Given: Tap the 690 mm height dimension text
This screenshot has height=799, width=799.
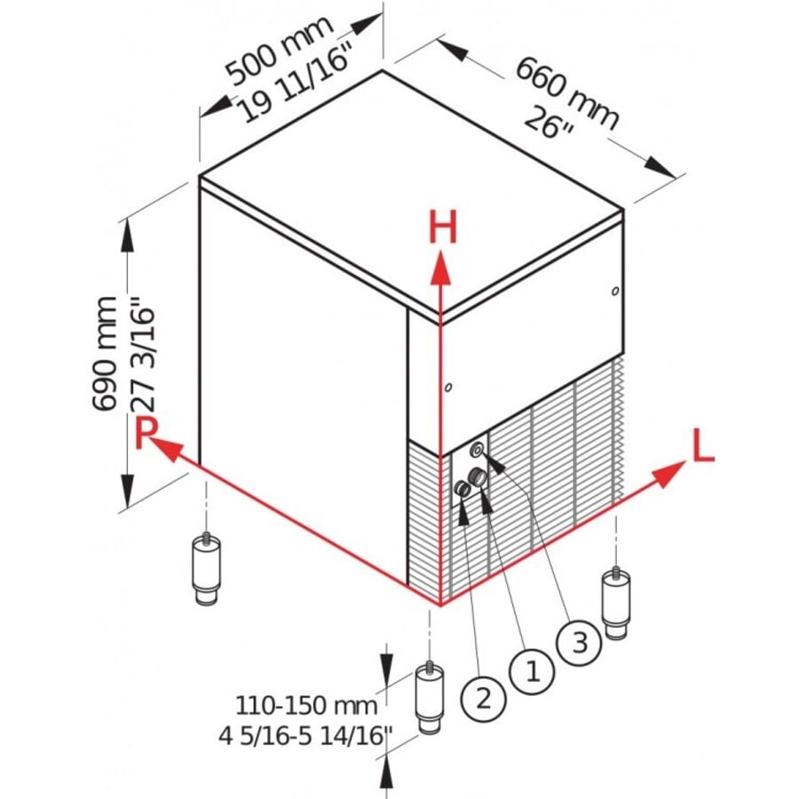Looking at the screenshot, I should pos(105,353).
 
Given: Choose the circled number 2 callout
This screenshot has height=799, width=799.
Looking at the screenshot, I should pos(483,698).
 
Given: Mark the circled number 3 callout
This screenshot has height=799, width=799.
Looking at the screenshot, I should pos(580,641).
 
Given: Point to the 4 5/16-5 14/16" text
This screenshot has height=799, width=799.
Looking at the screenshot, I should pos(306,736).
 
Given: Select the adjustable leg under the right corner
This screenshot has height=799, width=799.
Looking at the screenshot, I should pos(614,602).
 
